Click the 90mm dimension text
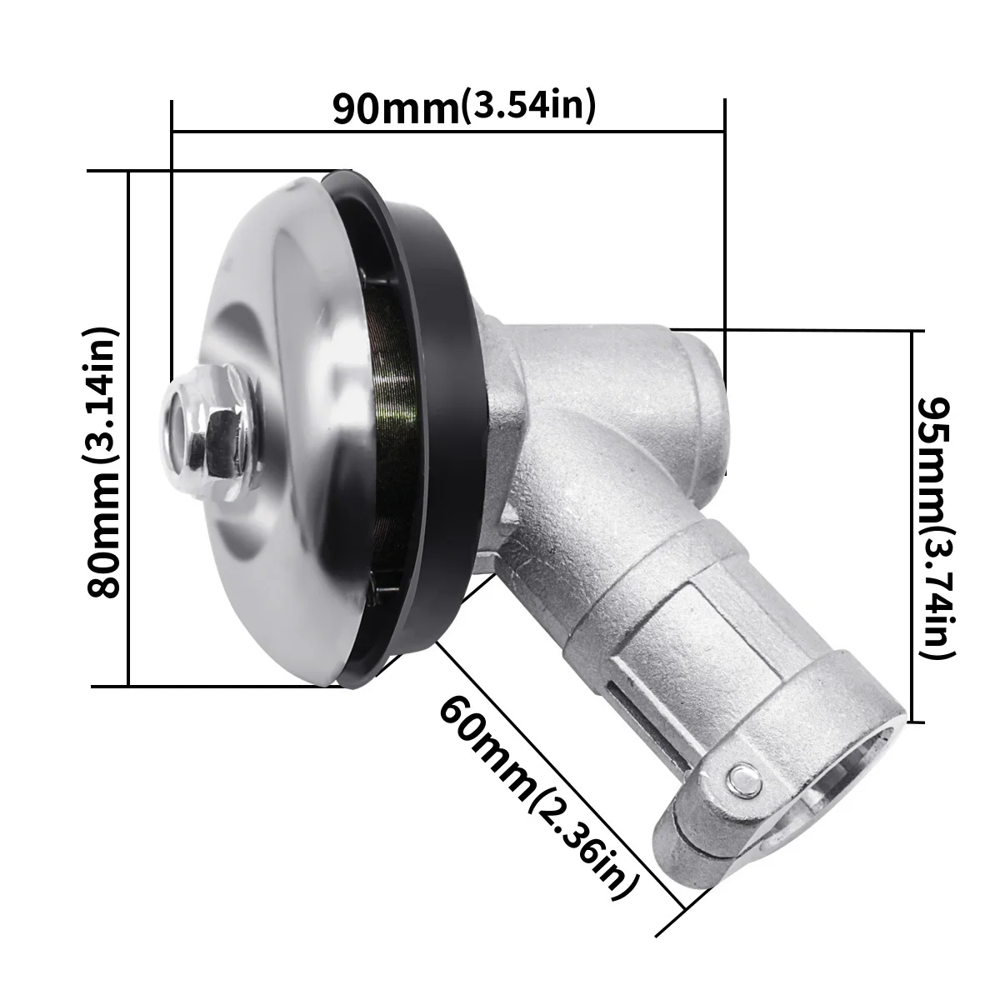396,109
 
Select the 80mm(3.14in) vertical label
105,462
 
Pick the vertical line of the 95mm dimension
914,525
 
